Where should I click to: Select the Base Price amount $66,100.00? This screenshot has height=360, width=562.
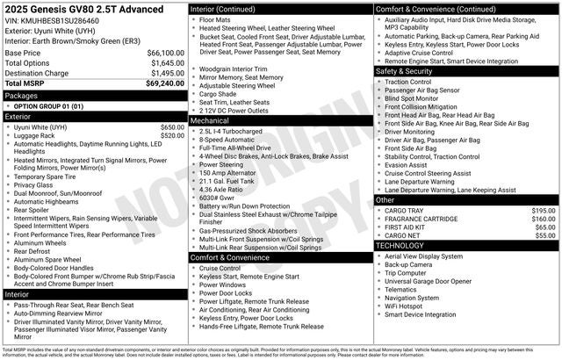coord(163,54)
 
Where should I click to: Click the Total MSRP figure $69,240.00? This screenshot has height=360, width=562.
coord(162,83)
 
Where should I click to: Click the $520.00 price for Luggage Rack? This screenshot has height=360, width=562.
coord(172,135)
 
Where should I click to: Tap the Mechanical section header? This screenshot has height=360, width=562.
coord(213,120)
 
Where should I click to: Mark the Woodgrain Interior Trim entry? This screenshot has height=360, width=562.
coord(235,68)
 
